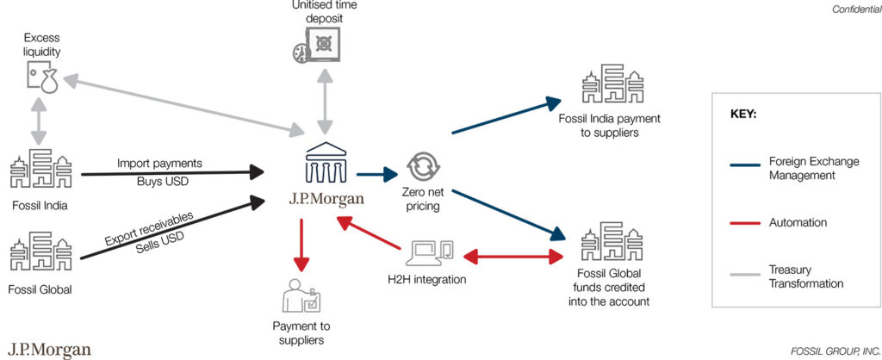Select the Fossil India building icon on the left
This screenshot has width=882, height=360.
40,171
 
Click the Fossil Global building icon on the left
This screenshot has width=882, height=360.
40,254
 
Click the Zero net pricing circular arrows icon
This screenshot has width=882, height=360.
423,164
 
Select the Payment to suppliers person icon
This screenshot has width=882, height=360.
301,295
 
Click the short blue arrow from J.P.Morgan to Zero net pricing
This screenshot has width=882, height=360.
375,176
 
